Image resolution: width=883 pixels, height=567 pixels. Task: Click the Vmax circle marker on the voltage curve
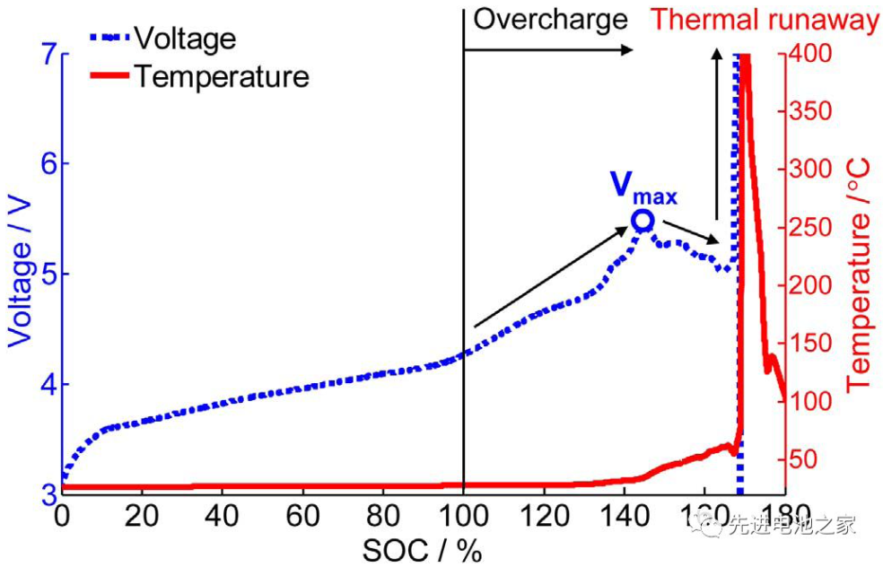point(642,221)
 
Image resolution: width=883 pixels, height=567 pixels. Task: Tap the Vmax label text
point(643,187)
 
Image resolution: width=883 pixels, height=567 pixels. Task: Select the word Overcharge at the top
point(550,19)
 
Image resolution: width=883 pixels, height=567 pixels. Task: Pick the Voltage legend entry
point(185,38)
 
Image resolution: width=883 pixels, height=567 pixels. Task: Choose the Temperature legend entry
point(221,76)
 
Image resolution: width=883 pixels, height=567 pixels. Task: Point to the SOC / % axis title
point(422,550)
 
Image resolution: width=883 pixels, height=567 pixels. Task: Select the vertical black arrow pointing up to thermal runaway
point(716,135)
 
